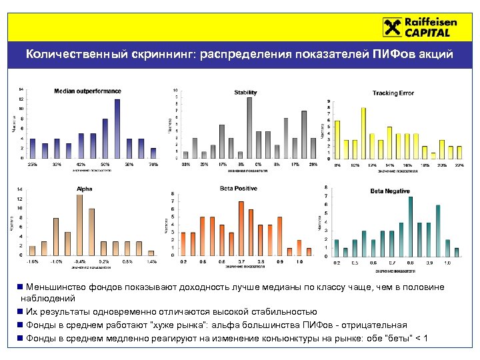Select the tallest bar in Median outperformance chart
117,128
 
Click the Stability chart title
245,92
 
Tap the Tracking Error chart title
393,93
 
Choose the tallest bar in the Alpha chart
79,225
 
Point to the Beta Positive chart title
238,189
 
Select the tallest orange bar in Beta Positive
241,227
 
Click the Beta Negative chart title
389,191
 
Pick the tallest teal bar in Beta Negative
410,226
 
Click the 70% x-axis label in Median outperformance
153,164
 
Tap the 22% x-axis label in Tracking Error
459,165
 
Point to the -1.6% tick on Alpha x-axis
33,261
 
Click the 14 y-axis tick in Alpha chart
20,189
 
